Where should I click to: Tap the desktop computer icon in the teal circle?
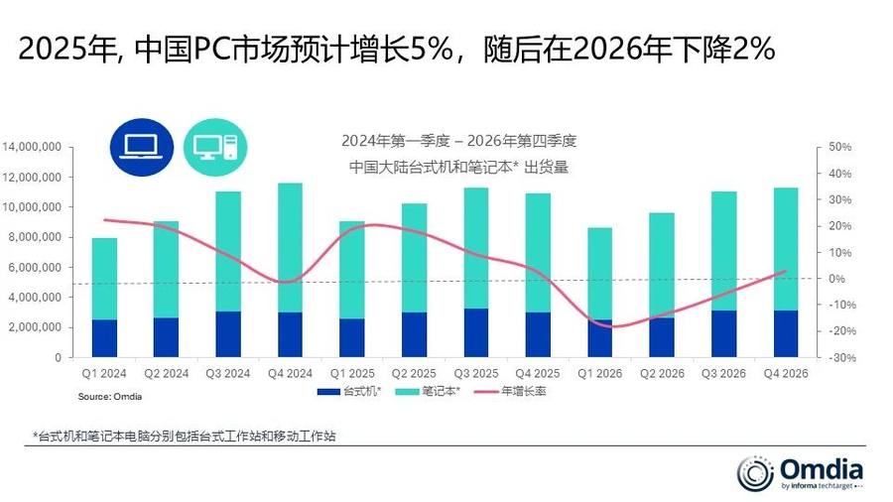(213, 147)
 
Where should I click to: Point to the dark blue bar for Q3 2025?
(476, 332)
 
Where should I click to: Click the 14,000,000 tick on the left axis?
(34, 148)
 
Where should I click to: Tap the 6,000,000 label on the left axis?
(37, 268)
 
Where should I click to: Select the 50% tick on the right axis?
(839, 148)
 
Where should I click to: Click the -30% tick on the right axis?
(839, 357)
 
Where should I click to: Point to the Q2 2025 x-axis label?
(414, 374)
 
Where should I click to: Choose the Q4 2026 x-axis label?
(785, 374)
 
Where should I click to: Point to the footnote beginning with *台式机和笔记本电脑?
(184, 436)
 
